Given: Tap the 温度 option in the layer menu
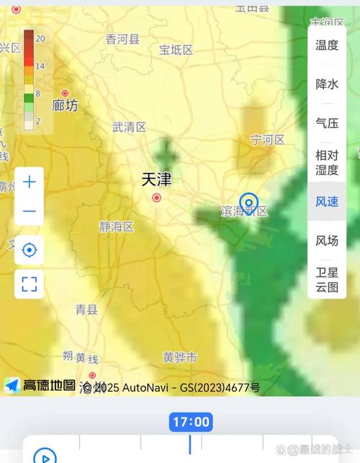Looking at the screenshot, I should click(x=327, y=45).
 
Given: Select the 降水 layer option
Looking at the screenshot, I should click(x=327, y=84).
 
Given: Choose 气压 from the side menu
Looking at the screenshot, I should click(x=327, y=122).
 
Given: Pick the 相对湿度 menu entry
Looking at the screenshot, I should click(x=327, y=162).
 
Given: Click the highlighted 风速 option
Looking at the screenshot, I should click(x=327, y=202).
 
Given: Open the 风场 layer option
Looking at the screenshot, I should click(x=327, y=241).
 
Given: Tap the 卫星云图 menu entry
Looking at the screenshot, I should click(x=327, y=279).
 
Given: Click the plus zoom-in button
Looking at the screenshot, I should click(x=30, y=182).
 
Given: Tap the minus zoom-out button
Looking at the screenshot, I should click(x=30, y=211).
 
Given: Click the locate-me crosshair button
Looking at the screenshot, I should click(x=30, y=250).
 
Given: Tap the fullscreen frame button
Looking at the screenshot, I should click(x=30, y=283).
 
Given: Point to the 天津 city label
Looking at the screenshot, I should click(x=156, y=179).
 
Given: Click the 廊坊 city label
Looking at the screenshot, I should click(x=66, y=106).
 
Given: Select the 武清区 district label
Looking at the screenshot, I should click(x=129, y=127).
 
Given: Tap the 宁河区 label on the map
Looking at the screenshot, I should click(x=268, y=139).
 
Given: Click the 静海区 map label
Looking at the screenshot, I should click(x=117, y=227).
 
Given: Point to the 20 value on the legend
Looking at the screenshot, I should click(x=40, y=38).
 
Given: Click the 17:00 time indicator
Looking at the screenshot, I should click(x=191, y=422).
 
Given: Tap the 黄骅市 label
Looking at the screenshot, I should click(x=179, y=357).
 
